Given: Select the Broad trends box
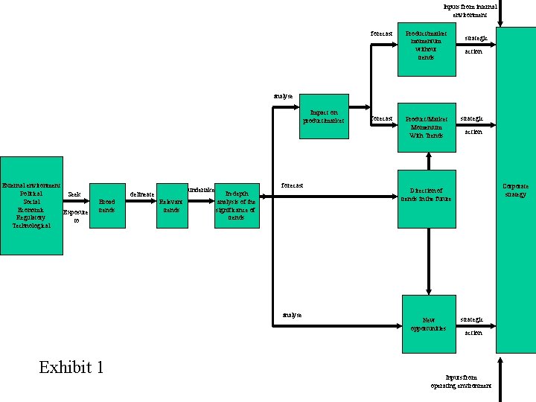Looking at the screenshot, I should click(x=106, y=205).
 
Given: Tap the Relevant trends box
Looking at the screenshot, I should click(x=171, y=205).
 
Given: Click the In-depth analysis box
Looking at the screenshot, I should click(x=236, y=205).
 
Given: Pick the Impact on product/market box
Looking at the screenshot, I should click(x=324, y=118).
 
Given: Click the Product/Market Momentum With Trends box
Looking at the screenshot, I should click(x=426, y=127).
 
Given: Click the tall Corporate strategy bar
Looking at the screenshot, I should click(x=515, y=190).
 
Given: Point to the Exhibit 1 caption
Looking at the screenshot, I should click(x=71, y=367).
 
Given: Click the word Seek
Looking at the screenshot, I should click(x=74, y=194).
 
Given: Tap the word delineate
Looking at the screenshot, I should click(x=142, y=194).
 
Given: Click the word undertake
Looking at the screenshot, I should click(x=200, y=191).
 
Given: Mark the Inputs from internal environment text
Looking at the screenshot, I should click(x=470, y=10).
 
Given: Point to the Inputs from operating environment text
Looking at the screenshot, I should click(x=461, y=382).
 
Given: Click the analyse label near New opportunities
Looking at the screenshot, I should click(x=293, y=315).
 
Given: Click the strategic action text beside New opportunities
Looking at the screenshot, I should click(x=472, y=325).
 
